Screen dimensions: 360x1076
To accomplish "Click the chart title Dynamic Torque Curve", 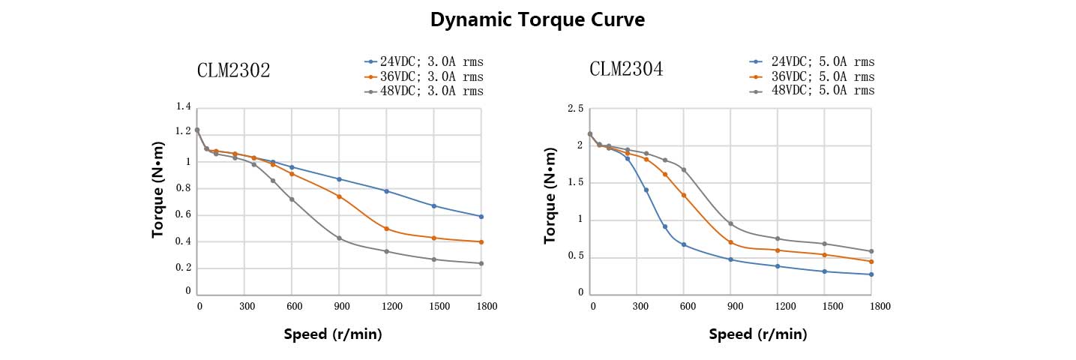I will tap(537, 20).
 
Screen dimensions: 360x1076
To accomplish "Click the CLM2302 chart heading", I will tap(233, 70).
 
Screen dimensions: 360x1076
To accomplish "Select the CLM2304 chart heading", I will tap(626, 70).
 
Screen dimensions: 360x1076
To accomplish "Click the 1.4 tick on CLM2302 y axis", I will tap(183, 107).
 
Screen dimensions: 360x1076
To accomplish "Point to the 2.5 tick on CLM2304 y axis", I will tap(575, 109).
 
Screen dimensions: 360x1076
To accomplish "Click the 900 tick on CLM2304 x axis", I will tap(735, 306).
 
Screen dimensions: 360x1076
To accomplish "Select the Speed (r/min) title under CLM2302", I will tap(333, 334).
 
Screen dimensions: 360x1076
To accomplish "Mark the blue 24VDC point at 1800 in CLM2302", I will tap(481, 217).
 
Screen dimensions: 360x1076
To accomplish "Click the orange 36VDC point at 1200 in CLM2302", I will tap(386, 229).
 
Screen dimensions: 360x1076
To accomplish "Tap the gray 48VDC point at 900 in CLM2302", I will tap(339, 238).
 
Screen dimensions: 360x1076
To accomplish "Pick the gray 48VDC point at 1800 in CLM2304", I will tap(871, 251).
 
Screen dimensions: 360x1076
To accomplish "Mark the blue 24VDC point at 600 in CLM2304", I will tap(683, 244).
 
